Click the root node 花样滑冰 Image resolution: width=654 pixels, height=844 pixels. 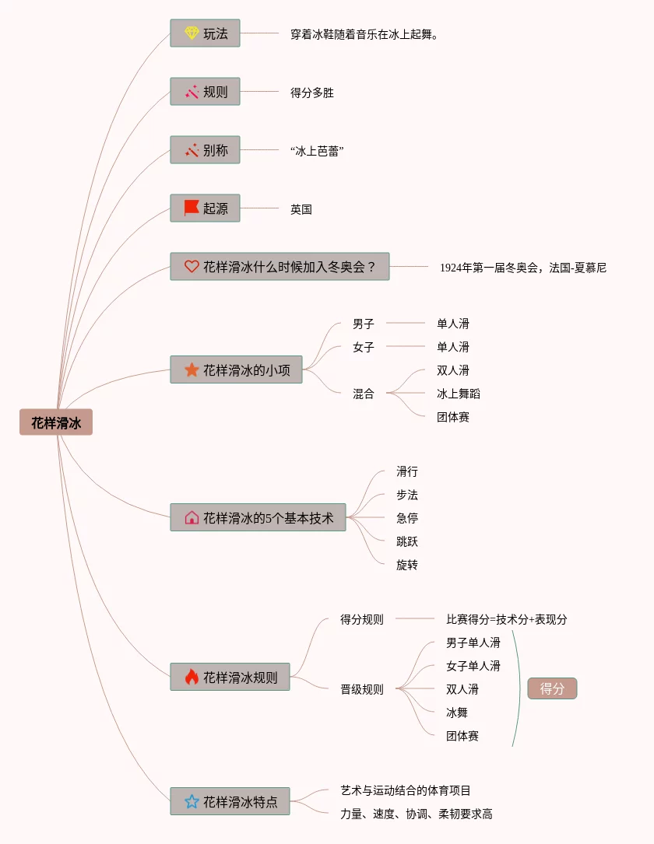coord(56,422)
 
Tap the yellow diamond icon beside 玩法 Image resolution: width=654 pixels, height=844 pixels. coord(192,33)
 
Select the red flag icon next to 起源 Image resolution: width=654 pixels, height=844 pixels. coord(192,208)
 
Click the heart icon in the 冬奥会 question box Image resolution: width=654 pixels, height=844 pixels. coord(192,266)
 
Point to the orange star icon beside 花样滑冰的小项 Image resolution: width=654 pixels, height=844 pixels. coord(192,369)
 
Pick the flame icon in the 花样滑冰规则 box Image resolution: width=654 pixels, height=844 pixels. coord(192,677)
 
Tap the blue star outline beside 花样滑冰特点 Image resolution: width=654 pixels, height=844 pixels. coord(192,801)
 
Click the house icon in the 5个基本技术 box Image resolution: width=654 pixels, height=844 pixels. coord(192,517)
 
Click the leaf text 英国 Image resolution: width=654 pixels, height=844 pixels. coord(301,209)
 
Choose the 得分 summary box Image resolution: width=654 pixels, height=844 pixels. coord(552,688)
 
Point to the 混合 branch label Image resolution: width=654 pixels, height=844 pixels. coord(364,394)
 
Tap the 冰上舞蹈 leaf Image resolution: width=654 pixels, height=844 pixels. coord(459,394)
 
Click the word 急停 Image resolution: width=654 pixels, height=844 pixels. coord(407,518)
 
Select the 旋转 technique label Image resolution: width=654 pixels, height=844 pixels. coord(407,565)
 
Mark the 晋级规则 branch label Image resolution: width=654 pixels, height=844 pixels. coord(362,689)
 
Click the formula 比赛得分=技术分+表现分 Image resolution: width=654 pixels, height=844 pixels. coord(507,620)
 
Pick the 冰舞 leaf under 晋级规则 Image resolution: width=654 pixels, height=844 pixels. coord(457,713)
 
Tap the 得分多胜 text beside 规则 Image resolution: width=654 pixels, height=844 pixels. coord(312,93)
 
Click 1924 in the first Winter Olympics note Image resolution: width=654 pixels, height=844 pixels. coord(451,268)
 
